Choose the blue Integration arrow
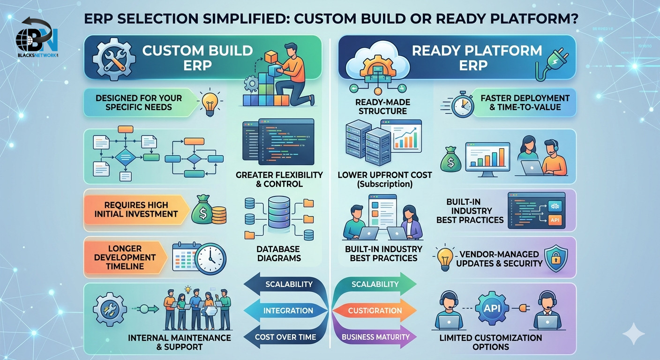coord(286,310)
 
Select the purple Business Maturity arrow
coord(375,337)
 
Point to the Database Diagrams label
coord(279,253)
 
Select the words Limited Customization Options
coord(490,342)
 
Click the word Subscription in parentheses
coord(385,184)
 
